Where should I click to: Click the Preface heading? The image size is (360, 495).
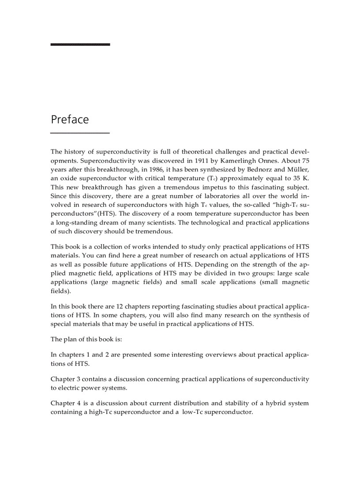coord(70,119)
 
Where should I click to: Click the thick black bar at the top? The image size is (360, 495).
coord(80,44)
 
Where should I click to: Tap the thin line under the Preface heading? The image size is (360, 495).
coord(80,133)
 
